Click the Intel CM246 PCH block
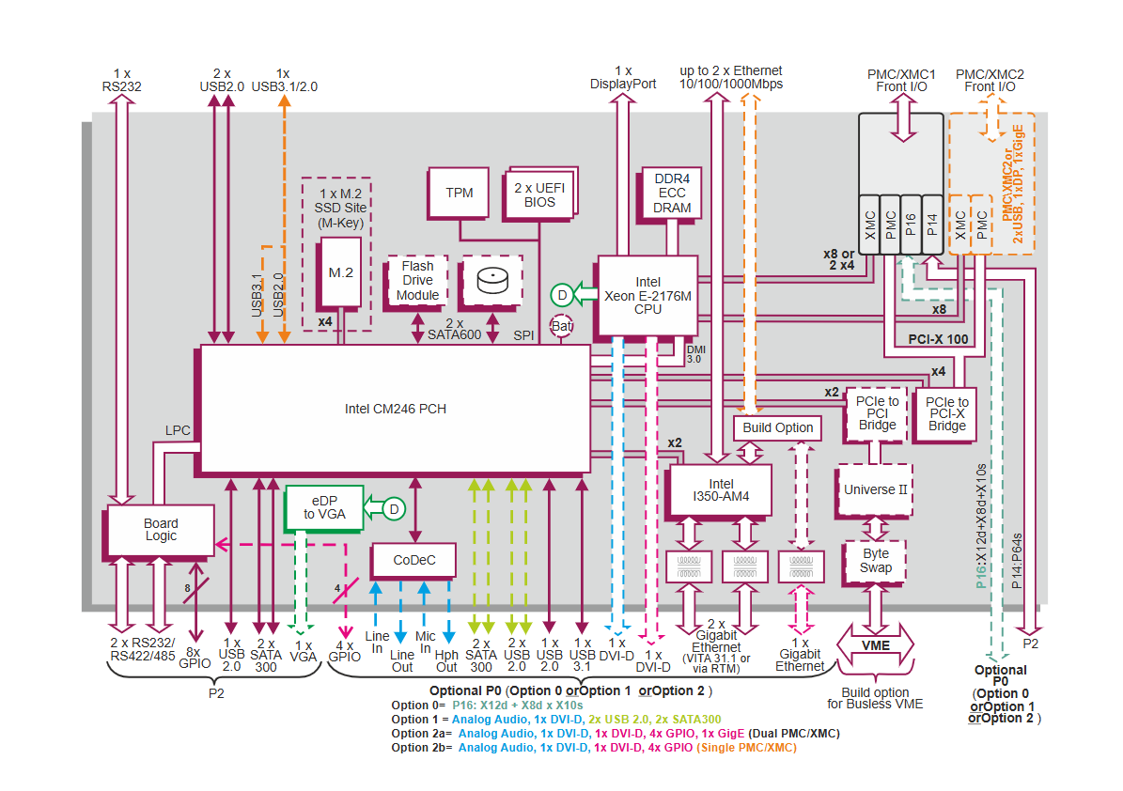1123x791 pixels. [x=395, y=409]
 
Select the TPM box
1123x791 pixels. [x=460, y=193]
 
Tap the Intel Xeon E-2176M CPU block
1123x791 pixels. [x=647, y=295]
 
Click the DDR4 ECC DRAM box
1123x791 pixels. [x=672, y=194]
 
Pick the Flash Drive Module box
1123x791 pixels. [x=417, y=281]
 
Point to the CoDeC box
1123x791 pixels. [x=413, y=561]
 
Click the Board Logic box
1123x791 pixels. [x=161, y=530]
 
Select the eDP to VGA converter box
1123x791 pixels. [x=324, y=507]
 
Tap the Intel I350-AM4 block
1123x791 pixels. [x=719, y=490]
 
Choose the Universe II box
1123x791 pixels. [x=875, y=489]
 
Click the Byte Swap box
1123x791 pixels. [x=875, y=561]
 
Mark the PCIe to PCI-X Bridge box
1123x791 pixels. [x=946, y=413]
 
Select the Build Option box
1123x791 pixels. [x=778, y=428]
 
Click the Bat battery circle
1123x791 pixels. [x=561, y=327]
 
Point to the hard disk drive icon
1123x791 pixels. [x=491, y=281]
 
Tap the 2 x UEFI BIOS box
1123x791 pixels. [x=540, y=194]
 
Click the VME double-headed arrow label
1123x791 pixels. [x=876, y=646]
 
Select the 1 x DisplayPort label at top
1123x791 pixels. [x=623, y=77]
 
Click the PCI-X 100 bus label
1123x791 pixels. [x=939, y=340]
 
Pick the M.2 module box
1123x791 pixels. [x=340, y=272]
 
